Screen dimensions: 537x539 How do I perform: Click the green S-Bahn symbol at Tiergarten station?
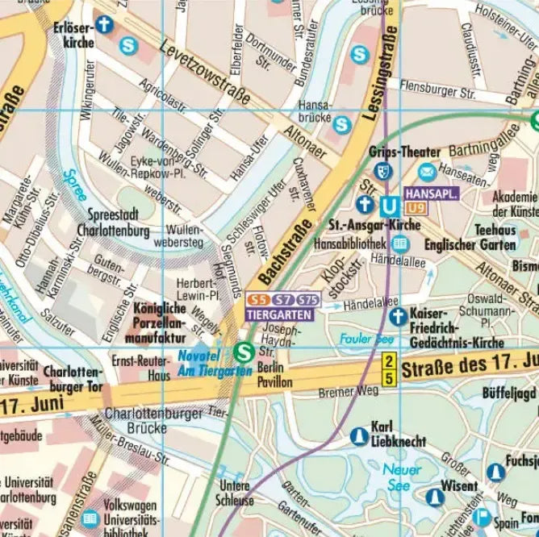pos(243,352)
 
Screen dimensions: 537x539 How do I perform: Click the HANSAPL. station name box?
pos(432,194)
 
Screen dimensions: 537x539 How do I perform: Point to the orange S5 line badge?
pos(256,301)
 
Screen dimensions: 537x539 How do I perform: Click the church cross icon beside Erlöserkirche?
pos(104,24)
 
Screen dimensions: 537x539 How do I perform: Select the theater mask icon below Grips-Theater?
pos(384,171)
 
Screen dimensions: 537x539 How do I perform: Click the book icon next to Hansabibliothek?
pos(398,244)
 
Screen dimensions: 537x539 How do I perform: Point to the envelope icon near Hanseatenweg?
pos(427,172)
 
